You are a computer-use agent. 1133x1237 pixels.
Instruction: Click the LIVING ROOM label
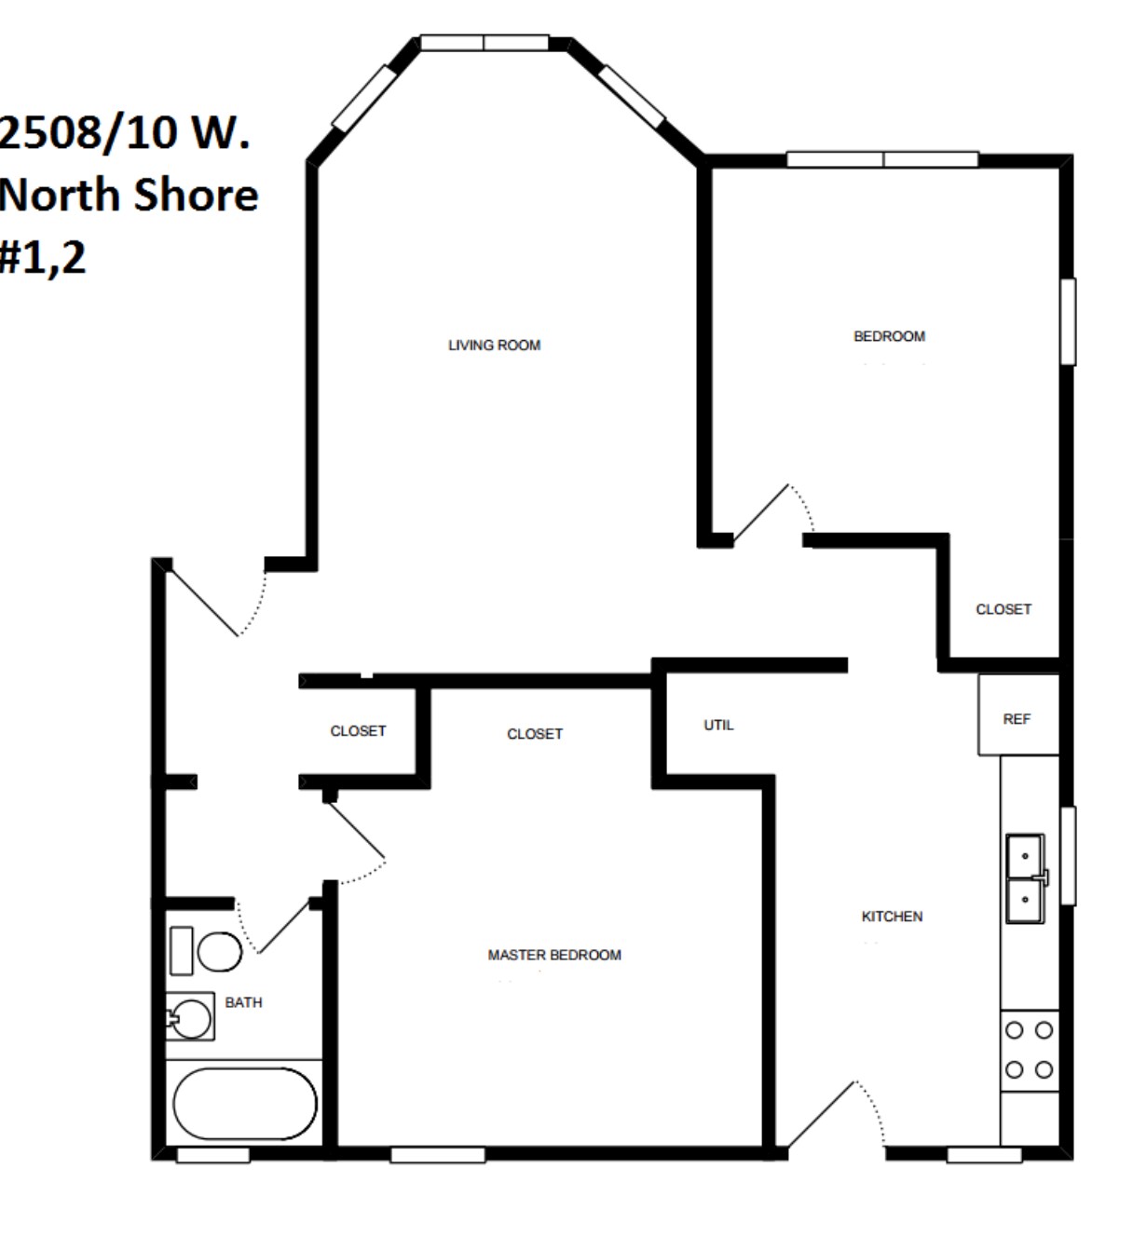(x=494, y=346)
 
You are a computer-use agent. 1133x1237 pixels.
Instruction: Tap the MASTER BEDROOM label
(x=553, y=955)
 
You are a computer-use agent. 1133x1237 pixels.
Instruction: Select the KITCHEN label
(x=892, y=917)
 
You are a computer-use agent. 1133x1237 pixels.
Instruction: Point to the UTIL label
(x=718, y=725)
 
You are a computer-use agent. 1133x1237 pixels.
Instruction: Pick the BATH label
(x=243, y=1002)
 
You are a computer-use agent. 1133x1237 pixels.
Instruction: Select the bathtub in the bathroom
(x=245, y=1103)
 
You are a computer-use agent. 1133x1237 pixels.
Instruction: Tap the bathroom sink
(x=191, y=1018)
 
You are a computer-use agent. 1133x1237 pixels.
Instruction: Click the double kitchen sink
(x=1025, y=878)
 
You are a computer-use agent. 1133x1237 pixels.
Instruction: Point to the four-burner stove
(x=1029, y=1050)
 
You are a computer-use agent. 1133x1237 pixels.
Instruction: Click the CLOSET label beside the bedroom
(x=1003, y=609)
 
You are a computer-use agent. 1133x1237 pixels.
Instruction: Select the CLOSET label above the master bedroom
(x=534, y=734)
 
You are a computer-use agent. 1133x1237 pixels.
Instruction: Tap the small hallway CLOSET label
(x=358, y=731)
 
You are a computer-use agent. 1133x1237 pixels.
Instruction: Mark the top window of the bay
(x=484, y=43)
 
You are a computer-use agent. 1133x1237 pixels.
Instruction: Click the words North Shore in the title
(x=129, y=195)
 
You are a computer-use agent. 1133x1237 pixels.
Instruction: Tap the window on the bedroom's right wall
(x=1068, y=320)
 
